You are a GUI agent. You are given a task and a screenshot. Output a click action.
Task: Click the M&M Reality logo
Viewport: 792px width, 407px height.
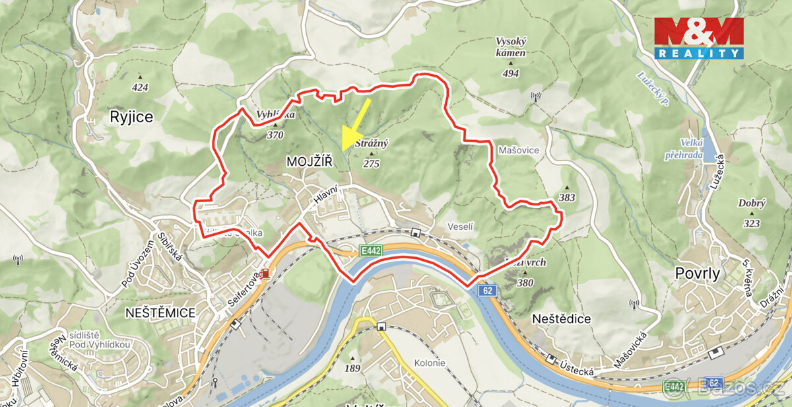tap(699, 38)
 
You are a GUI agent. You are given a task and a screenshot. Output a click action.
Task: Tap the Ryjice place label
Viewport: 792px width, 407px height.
tap(131, 118)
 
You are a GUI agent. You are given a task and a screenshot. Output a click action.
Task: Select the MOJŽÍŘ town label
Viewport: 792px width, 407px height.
tap(310, 162)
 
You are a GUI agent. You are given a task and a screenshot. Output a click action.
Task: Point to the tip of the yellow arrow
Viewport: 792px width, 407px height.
tap(343, 151)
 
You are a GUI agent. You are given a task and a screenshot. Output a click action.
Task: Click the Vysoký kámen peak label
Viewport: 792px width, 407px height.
tap(511, 47)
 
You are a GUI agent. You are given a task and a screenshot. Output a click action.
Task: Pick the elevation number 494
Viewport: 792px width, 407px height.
tap(511, 73)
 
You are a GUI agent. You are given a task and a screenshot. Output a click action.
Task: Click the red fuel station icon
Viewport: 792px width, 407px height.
tap(265, 274)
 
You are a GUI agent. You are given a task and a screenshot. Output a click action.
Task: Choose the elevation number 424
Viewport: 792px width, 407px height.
tap(140, 87)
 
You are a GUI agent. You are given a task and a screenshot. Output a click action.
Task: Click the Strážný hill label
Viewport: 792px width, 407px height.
tap(372, 143)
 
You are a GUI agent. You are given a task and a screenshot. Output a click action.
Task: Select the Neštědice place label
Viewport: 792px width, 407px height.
tap(561, 319)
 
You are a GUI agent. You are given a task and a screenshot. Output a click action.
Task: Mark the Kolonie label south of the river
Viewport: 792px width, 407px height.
tap(430, 363)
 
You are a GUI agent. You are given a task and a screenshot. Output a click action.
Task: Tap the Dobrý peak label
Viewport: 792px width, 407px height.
tap(752, 204)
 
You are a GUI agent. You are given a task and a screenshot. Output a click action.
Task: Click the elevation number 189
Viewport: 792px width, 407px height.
tap(352, 369)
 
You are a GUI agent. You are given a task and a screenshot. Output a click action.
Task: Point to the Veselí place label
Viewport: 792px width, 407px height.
tap(461, 227)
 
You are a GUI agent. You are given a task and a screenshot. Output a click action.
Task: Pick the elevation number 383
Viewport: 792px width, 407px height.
tap(566, 198)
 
